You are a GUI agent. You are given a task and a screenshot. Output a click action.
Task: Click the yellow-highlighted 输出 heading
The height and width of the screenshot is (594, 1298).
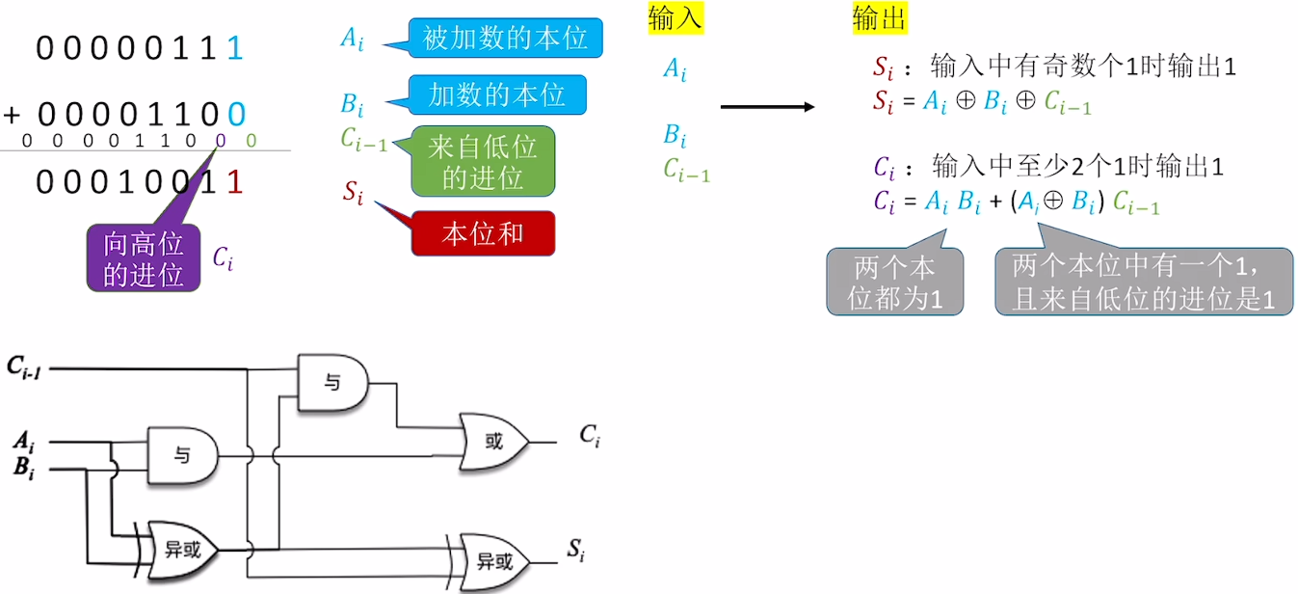pos(879,18)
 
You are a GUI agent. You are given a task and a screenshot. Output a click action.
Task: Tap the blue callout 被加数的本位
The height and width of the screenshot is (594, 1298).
pos(505,39)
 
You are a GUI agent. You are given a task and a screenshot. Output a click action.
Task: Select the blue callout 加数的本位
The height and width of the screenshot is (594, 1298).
pos(496,94)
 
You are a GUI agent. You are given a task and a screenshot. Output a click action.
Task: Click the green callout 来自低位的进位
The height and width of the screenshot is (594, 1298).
pos(483,161)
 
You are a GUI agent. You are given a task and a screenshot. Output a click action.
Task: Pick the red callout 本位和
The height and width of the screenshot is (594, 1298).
pos(483,233)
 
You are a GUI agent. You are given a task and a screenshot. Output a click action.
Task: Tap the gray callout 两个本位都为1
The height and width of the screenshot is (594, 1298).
pos(894,282)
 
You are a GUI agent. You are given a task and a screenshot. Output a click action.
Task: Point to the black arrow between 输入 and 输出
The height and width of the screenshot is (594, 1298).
pos(767,107)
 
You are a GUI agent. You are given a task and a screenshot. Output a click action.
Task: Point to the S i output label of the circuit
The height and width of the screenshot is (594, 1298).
pos(575,552)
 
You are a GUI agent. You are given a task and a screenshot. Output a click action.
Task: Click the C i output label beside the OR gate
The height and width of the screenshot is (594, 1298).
pos(590,436)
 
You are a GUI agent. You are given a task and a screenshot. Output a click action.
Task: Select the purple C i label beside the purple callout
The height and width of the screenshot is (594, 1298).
pos(223,257)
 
